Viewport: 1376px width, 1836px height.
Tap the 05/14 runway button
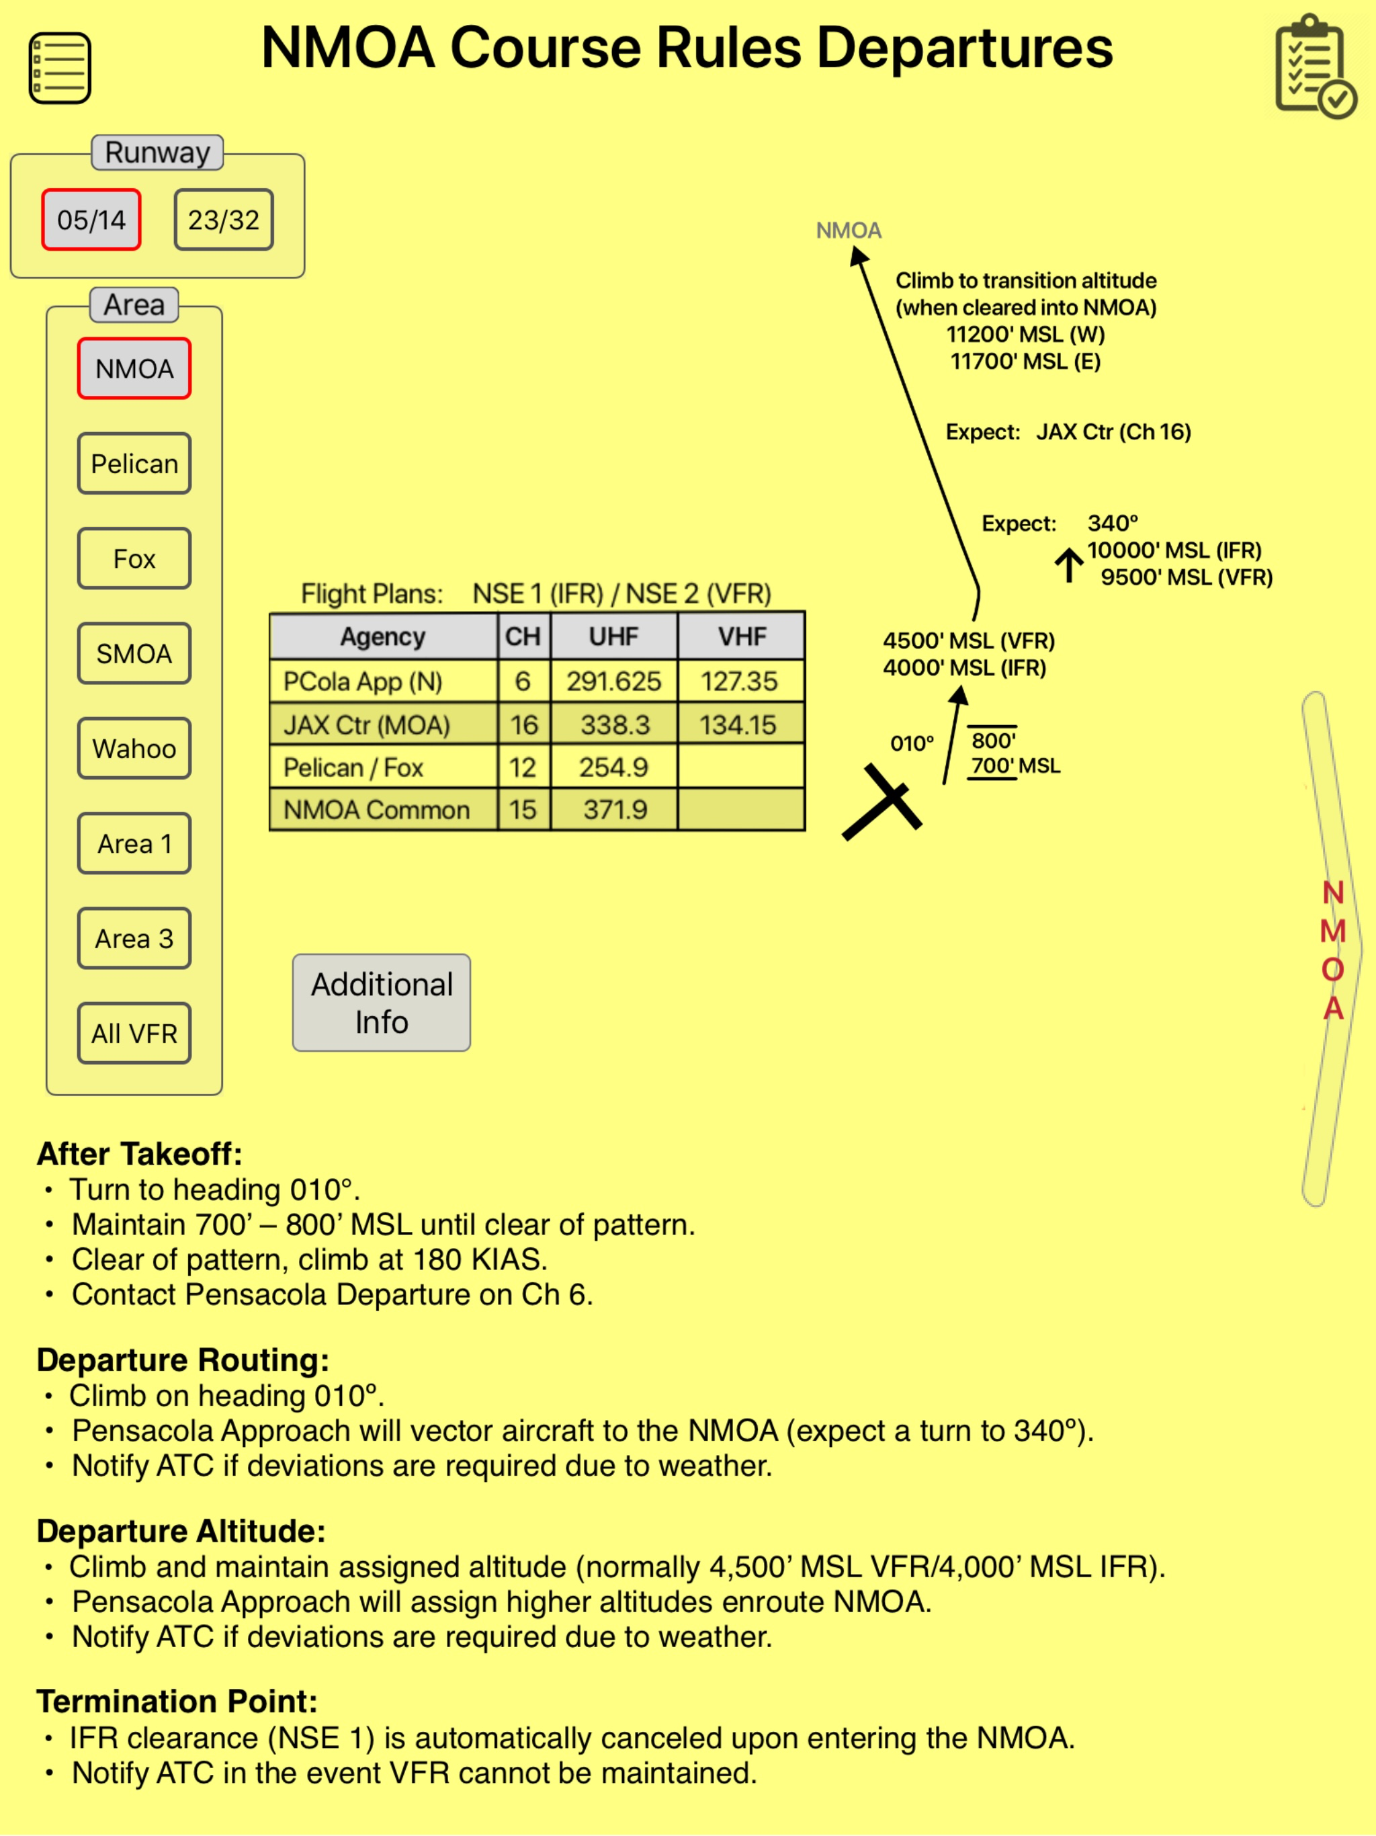pos(91,220)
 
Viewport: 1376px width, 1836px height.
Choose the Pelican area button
pos(134,464)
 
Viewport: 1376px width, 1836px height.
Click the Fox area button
pos(134,558)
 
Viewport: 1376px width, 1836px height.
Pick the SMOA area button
pos(134,654)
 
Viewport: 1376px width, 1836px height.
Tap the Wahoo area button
pos(134,749)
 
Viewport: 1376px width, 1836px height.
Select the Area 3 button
pos(134,939)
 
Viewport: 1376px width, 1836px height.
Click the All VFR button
pos(134,1034)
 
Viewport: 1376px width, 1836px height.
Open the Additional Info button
pos(382,1003)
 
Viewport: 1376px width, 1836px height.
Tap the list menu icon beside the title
pos(60,68)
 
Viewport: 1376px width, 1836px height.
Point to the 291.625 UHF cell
pos(614,681)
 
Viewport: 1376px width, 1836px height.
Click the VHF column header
pos(742,636)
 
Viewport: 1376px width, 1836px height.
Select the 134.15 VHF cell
pos(738,724)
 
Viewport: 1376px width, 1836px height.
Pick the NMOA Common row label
pos(377,809)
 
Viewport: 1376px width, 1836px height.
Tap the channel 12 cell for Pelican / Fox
pos(523,767)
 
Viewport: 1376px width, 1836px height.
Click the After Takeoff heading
pos(140,1154)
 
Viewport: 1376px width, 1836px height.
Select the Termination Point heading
pos(177,1702)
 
